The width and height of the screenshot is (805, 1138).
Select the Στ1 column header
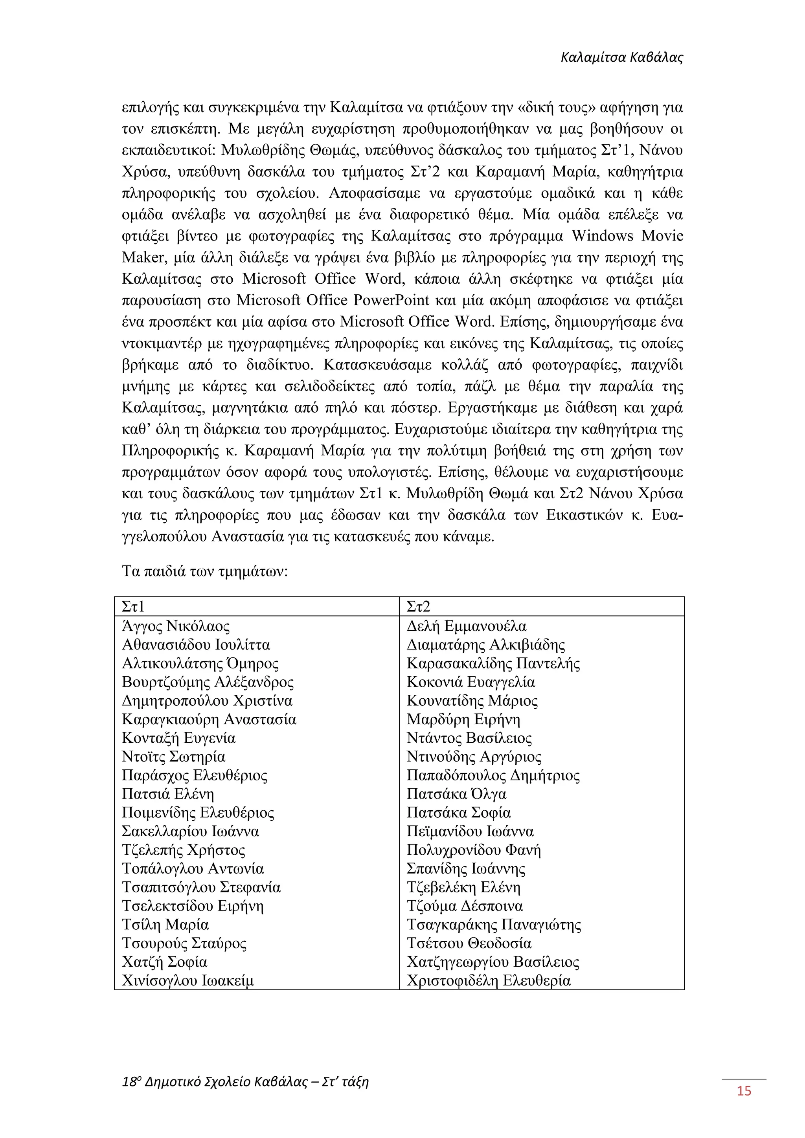tap(133, 607)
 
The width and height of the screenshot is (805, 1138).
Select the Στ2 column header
tap(418, 607)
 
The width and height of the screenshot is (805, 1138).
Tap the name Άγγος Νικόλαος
tap(176, 626)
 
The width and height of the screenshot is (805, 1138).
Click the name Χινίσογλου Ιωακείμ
tap(188, 980)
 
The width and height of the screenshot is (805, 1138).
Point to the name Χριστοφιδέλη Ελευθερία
tap(489, 980)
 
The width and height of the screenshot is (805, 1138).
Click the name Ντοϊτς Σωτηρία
tap(173, 757)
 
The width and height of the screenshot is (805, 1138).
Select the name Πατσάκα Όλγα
tap(456, 794)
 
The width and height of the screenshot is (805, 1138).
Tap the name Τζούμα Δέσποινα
tap(465, 906)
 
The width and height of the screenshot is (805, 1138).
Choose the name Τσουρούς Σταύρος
tap(184, 943)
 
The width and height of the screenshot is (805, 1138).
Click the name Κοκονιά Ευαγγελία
tap(471, 683)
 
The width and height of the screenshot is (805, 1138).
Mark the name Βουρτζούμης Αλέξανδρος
tap(208, 683)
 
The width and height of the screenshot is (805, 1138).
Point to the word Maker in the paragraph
tap(143, 258)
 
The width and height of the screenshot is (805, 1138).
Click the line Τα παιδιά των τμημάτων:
tap(205, 571)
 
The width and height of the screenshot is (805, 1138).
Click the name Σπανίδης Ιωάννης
tap(466, 869)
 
